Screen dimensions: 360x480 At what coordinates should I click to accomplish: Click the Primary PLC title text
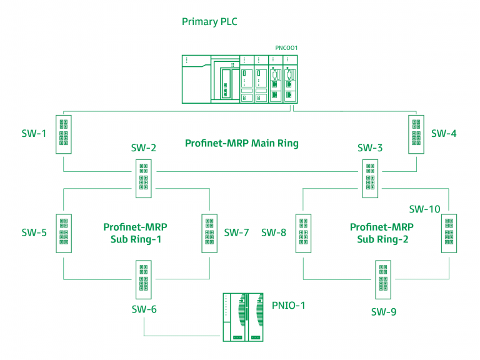[x=209, y=22]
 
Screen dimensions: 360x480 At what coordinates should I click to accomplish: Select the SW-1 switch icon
[x=64, y=133]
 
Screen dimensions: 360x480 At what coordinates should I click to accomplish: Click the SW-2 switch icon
[x=144, y=178]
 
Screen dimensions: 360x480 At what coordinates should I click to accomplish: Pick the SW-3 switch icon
[x=370, y=178]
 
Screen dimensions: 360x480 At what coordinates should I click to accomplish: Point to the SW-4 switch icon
[x=417, y=133]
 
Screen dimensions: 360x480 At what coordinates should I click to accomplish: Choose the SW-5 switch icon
[x=64, y=233]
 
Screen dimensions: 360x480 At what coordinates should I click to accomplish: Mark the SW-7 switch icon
[x=209, y=233]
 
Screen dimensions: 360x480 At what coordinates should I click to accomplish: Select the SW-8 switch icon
[x=303, y=233]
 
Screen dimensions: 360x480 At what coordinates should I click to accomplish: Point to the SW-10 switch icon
[x=449, y=233]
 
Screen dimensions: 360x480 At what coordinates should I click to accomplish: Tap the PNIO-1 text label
[x=288, y=306]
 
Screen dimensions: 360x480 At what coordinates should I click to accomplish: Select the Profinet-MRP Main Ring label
[x=241, y=144]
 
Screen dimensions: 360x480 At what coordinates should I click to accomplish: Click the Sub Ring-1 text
[x=135, y=239]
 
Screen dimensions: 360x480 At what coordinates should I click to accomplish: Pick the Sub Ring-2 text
[x=381, y=239]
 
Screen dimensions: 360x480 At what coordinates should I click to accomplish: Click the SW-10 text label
[x=424, y=209]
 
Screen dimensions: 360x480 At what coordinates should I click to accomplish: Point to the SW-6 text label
[x=144, y=309]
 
